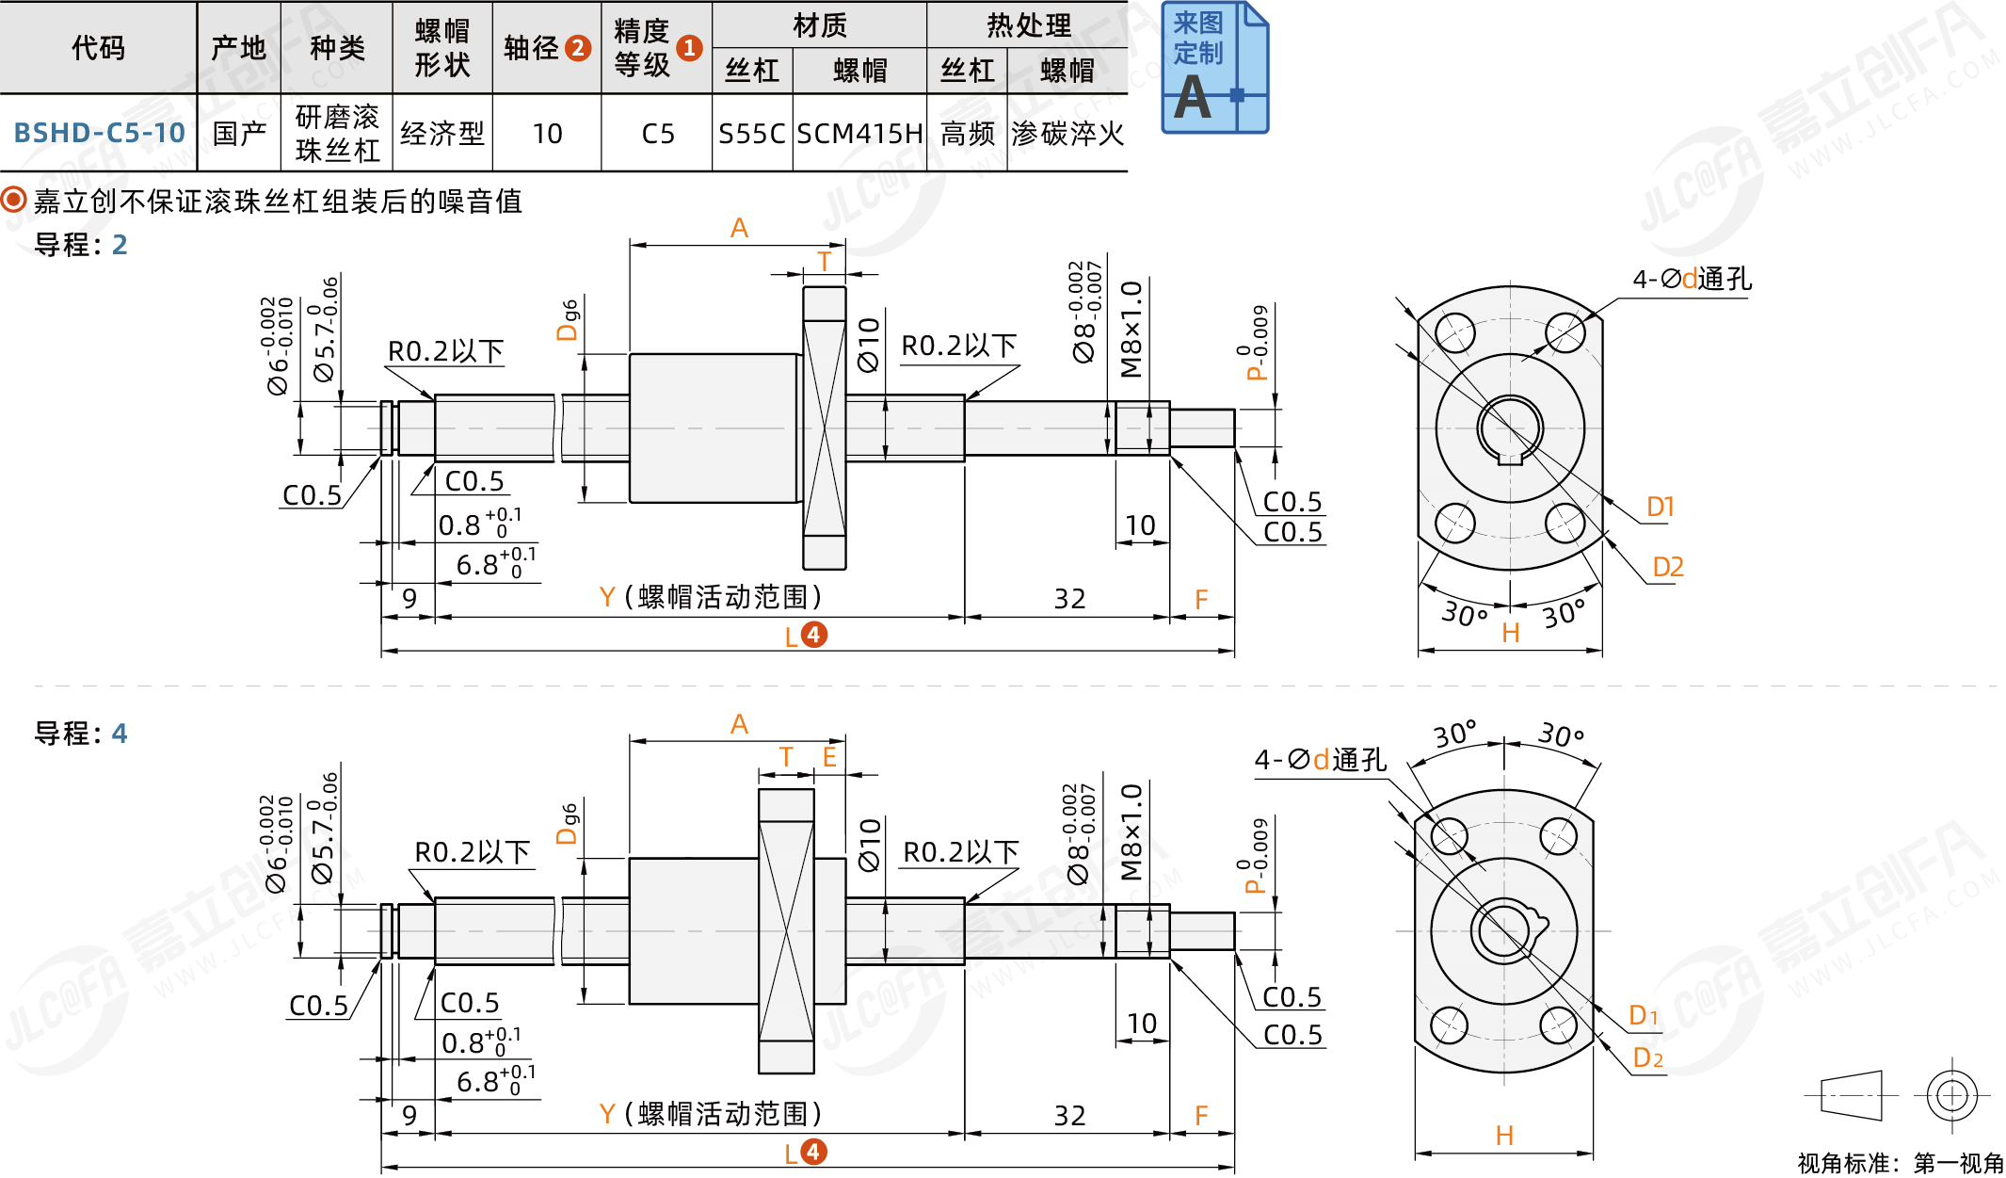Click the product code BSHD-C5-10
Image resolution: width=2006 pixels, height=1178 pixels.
pos(99,133)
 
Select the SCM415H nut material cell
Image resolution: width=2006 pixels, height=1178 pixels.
pos(859,134)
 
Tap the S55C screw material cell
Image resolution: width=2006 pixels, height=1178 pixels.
pos(751,134)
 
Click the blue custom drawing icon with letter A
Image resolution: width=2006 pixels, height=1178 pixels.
pos(1213,68)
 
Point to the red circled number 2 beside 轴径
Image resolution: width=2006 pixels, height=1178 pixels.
pos(578,48)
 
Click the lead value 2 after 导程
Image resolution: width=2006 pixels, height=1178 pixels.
pos(120,245)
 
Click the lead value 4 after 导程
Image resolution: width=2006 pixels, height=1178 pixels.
pos(120,734)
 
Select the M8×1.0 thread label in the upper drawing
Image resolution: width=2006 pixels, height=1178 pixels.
pos(1131,330)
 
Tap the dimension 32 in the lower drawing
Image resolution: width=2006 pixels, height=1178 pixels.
pos(1069,1116)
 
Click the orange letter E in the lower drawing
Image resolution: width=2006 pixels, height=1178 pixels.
pos(829,757)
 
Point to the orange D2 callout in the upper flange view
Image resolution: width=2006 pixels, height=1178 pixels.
pos(1667,567)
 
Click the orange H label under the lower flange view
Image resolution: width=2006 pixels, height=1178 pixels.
pos(1504,1136)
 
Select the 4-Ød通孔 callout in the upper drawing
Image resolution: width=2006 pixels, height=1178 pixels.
pos(1692,279)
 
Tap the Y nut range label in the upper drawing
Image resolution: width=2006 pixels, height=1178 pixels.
pos(711,597)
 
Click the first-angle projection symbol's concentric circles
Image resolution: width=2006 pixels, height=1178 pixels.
pos(1951,1095)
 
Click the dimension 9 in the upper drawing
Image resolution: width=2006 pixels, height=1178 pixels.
pos(409,599)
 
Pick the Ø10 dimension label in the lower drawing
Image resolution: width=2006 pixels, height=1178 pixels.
pos(869,845)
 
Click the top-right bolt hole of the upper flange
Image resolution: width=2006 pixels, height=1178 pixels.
pos(1565,332)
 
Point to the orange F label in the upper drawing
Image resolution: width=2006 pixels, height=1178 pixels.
pos(1201,600)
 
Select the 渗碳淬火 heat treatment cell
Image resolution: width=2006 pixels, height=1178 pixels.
pos(1067,134)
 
